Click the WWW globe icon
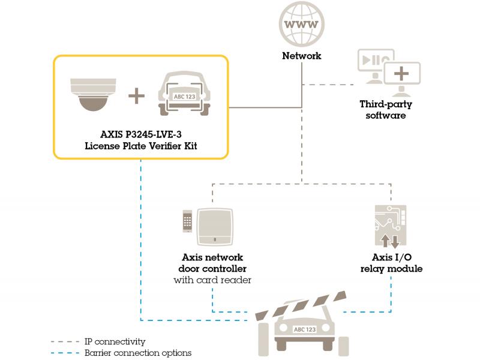(302, 26)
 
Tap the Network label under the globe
(302, 56)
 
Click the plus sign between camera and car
(137, 95)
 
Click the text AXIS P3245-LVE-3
(140, 136)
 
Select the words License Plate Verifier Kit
(140, 146)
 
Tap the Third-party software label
(386, 109)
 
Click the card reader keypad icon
(188, 225)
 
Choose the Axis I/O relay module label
(391, 263)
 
